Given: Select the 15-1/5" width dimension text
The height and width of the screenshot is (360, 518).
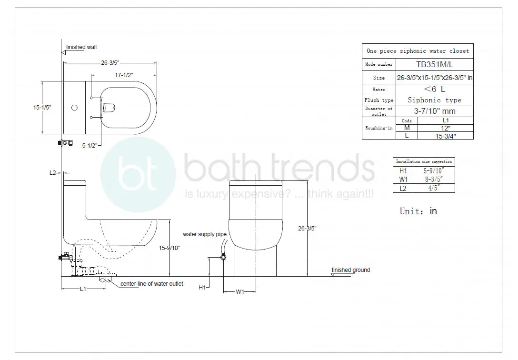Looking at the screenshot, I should pos(42,108).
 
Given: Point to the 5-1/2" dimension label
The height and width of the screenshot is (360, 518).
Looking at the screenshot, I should pos(90,146).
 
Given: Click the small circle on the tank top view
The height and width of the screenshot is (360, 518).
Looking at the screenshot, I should pos(74,108).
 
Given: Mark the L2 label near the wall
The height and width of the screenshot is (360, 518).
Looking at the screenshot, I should pos(53,173).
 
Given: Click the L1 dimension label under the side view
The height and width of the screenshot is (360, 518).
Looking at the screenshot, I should pos(82,289).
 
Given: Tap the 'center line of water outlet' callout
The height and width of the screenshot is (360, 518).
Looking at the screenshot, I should pos(151,284).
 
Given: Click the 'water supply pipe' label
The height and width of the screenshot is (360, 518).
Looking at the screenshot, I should pos(205,234).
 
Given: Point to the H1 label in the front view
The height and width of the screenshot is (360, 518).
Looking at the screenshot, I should pos(202,288).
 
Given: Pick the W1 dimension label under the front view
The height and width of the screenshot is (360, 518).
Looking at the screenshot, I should pos(240,292).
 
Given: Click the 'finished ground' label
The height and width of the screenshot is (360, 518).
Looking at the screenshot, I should pos(350,270).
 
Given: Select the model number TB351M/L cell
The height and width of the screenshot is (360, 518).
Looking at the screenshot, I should pos(435,64).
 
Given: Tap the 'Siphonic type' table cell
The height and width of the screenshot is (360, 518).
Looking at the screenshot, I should pos(435,100).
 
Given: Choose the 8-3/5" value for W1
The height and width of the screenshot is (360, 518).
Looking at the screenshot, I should pos(433,179).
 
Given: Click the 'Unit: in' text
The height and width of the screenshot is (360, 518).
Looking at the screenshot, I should pos(418,211).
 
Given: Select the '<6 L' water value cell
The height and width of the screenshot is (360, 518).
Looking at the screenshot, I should pos(435,89).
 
